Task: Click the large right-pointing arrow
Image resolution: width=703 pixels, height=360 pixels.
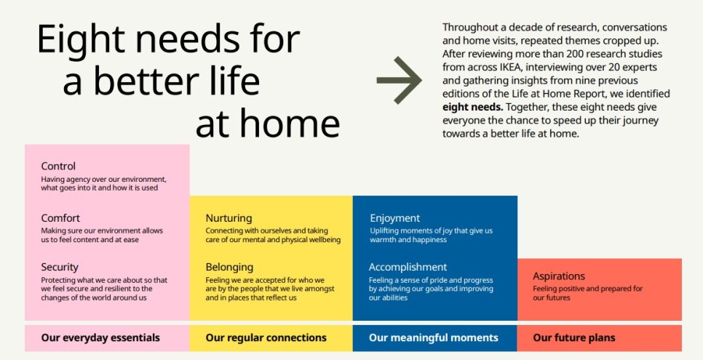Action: pyautogui.click(x=399, y=80)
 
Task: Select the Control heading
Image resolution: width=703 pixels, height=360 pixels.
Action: pyautogui.click(x=58, y=167)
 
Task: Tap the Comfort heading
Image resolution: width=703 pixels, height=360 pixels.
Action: pyautogui.click(x=60, y=218)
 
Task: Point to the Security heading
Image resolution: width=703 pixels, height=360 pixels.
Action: pyautogui.click(x=60, y=267)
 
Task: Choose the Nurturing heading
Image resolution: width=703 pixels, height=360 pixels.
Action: pyautogui.click(x=229, y=218)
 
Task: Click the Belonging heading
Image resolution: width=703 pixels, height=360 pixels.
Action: pyautogui.click(x=229, y=267)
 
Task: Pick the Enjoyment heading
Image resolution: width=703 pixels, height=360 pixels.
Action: pyautogui.click(x=395, y=218)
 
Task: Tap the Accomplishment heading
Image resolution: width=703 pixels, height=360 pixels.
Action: pyautogui.click(x=408, y=267)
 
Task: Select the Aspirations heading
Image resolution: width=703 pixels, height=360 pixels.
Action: pyautogui.click(x=559, y=276)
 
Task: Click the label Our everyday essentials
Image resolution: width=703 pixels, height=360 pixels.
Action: pyautogui.click(x=100, y=337)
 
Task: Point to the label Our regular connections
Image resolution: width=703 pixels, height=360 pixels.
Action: pyautogui.click(x=266, y=337)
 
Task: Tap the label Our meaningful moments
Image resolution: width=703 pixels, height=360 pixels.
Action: pyautogui.click(x=434, y=337)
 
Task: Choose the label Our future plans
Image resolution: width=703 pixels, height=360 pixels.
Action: pyautogui.click(x=574, y=337)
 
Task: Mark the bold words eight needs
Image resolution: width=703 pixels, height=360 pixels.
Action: pyautogui.click(x=472, y=108)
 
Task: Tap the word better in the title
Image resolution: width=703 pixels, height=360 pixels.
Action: pyautogui.click(x=146, y=81)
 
